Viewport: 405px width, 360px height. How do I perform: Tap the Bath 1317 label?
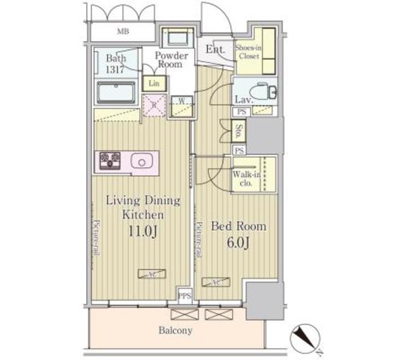point(115,63)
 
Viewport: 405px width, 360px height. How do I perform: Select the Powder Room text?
point(168,59)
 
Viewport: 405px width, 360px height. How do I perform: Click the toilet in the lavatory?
point(266,91)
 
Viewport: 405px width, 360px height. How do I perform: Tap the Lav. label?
point(244,100)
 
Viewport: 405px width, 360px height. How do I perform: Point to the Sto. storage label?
point(239,132)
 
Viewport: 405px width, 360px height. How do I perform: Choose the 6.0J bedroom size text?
point(238,242)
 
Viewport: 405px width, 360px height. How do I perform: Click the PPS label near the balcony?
point(185,296)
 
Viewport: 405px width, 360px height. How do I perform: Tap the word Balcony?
point(177,330)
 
